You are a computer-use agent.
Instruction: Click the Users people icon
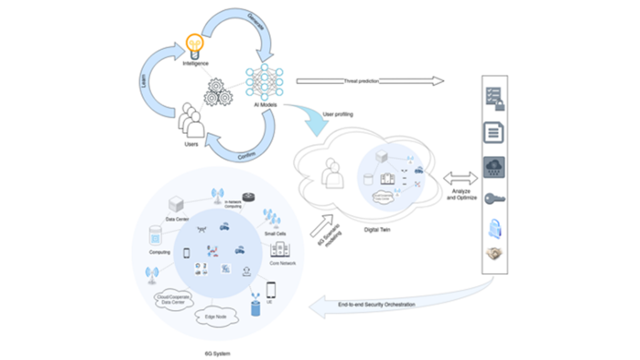click(x=192, y=120)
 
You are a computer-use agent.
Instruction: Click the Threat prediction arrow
click(x=369, y=81)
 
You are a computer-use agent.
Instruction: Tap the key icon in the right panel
click(x=494, y=199)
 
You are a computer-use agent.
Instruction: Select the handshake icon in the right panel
click(x=494, y=254)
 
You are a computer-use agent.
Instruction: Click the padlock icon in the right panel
click(x=494, y=227)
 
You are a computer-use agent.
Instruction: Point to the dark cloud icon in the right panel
click(x=494, y=167)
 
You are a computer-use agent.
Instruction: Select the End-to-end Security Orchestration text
click(x=376, y=304)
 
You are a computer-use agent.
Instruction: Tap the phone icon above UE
click(x=271, y=289)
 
